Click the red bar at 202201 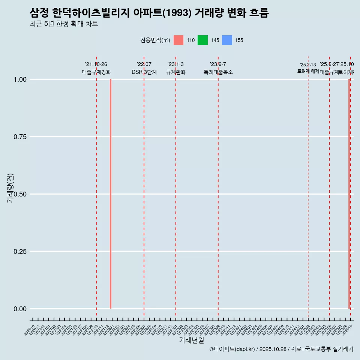pyautogui.click(x=111, y=194)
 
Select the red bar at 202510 pyautogui.click(x=349, y=194)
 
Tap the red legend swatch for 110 pyautogui.click(x=178, y=40)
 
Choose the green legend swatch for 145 pyautogui.click(x=202, y=40)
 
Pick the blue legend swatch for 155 pyautogui.click(x=227, y=40)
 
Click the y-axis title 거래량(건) pyautogui.click(x=10, y=188)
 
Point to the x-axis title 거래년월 pyautogui.click(x=191, y=340)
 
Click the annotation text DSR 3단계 pyautogui.click(x=144, y=72)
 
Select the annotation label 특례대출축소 pyautogui.click(x=218, y=72)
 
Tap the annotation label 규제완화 pyautogui.click(x=176, y=72)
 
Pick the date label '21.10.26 pyautogui.click(x=96, y=64)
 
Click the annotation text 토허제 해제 pyautogui.click(x=308, y=71)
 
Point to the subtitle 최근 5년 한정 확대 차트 pyautogui.click(x=64, y=24)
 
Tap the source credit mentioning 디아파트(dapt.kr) pyautogui.click(x=281, y=349)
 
